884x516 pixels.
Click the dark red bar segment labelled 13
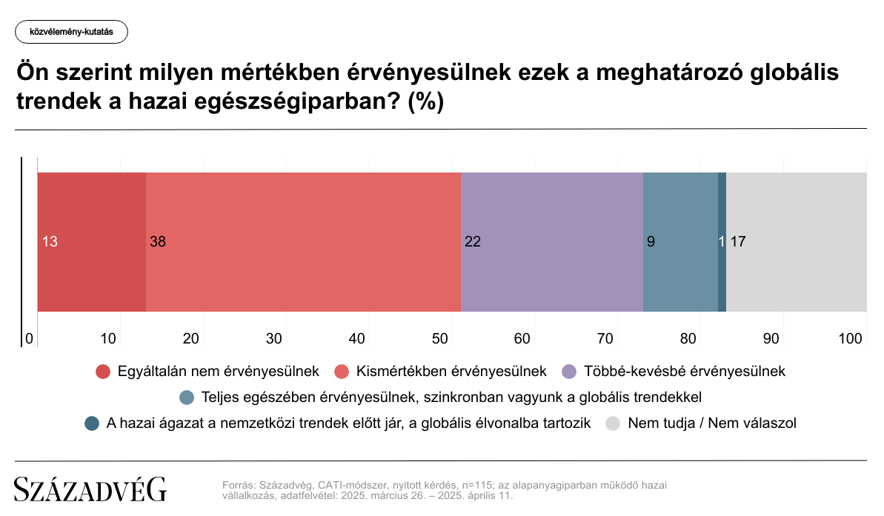pyautogui.click(x=92, y=241)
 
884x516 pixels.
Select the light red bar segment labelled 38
pyautogui.click(x=303, y=241)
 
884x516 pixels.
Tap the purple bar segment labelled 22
pyautogui.click(x=552, y=241)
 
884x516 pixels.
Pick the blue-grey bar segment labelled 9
pyautogui.click(x=680, y=241)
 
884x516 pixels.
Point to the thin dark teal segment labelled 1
pyautogui.click(x=722, y=241)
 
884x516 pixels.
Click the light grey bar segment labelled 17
pyautogui.click(x=797, y=241)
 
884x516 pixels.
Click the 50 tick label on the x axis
pyautogui.click(x=439, y=338)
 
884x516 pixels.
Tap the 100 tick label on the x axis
pyautogui.click(x=850, y=338)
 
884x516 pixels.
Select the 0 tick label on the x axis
pyautogui.click(x=30, y=338)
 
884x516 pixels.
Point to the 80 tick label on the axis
pyautogui.click(x=688, y=338)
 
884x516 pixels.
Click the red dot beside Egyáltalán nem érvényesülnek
pyautogui.click(x=102, y=372)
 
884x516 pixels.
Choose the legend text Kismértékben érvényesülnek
pyautogui.click(x=451, y=371)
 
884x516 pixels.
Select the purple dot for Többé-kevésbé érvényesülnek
pyautogui.click(x=569, y=372)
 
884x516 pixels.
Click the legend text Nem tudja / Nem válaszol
pyautogui.click(x=712, y=423)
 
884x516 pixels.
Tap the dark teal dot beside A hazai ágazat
pyautogui.click(x=92, y=423)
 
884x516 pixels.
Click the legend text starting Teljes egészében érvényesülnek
pyautogui.click(x=451, y=397)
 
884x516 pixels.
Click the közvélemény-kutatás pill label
pyautogui.click(x=72, y=32)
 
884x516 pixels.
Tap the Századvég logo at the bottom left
pyautogui.click(x=90, y=489)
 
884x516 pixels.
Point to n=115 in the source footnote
pyautogui.click(x=477, y=485)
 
